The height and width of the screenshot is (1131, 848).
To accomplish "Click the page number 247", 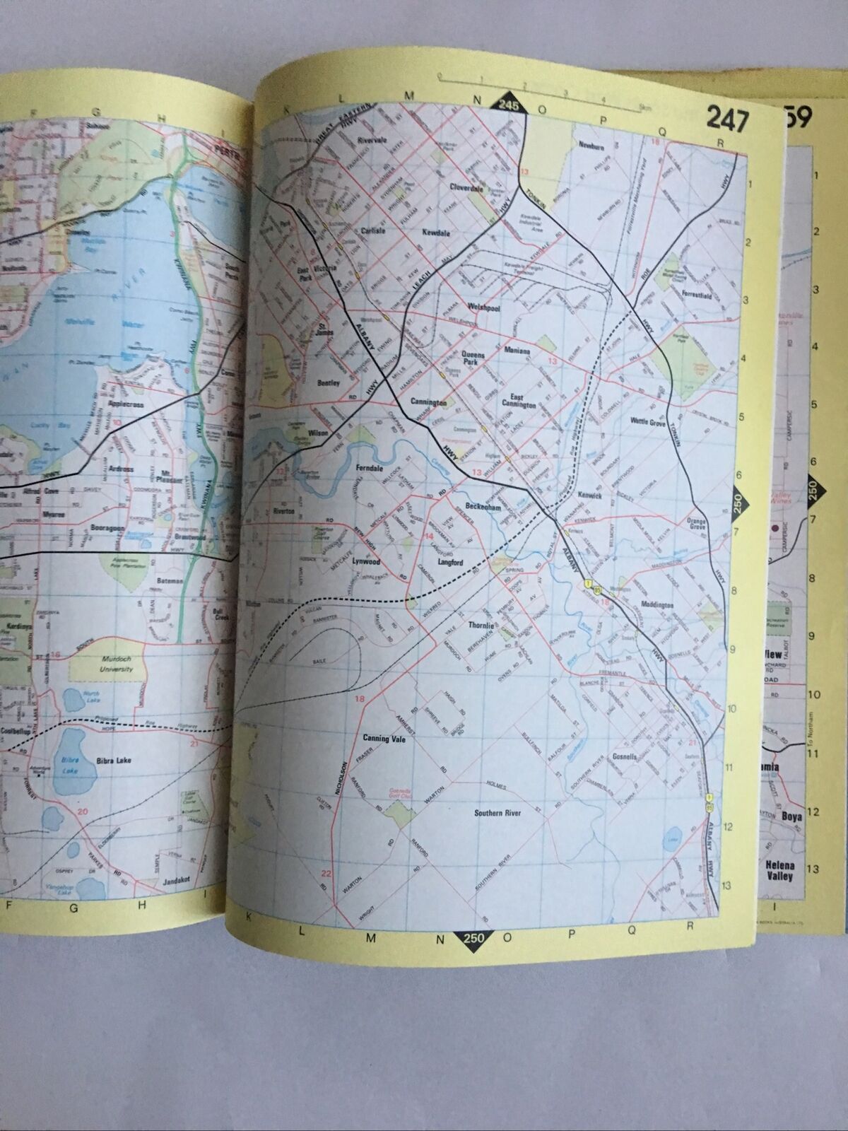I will pos(726,119).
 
